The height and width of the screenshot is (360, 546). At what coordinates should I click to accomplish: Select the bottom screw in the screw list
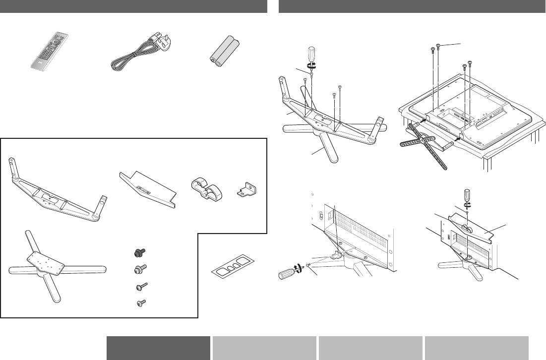click(139, 302)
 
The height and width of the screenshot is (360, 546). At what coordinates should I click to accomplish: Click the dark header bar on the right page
click(412, 6)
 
